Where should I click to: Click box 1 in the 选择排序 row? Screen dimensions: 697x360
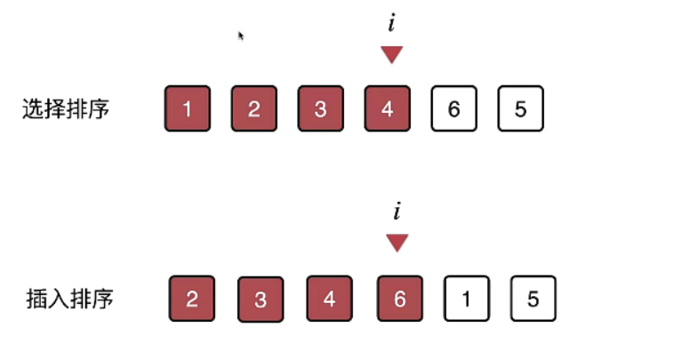pos(188,108)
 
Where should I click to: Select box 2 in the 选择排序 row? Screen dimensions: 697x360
pos(254,108)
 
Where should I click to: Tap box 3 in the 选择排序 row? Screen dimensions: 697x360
pos(320,108)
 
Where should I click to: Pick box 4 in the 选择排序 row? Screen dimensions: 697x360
pos(387,108)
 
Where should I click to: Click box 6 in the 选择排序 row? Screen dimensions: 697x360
pos(453,108)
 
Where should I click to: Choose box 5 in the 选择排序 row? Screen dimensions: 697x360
pos(520,108)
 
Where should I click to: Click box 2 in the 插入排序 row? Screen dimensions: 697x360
pos(192,298)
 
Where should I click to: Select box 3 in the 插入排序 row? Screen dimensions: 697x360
pos(260,299)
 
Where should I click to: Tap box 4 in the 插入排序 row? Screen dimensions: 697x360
pos(330,298)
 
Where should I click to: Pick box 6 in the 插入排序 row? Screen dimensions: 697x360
pos(399,298)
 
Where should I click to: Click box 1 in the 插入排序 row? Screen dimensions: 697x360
pos(467,298)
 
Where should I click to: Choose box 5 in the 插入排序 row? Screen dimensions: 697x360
pos(533,298)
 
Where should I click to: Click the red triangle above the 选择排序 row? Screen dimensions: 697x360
pos(392,55)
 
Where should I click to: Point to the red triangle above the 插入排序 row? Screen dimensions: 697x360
pos(397,243)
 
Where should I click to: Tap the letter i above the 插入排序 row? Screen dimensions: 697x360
pos(397,212)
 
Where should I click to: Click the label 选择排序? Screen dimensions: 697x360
pos(67,109)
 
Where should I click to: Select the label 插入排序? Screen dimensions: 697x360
pos(70,298)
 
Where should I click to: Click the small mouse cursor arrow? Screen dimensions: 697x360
pos(241,36)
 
